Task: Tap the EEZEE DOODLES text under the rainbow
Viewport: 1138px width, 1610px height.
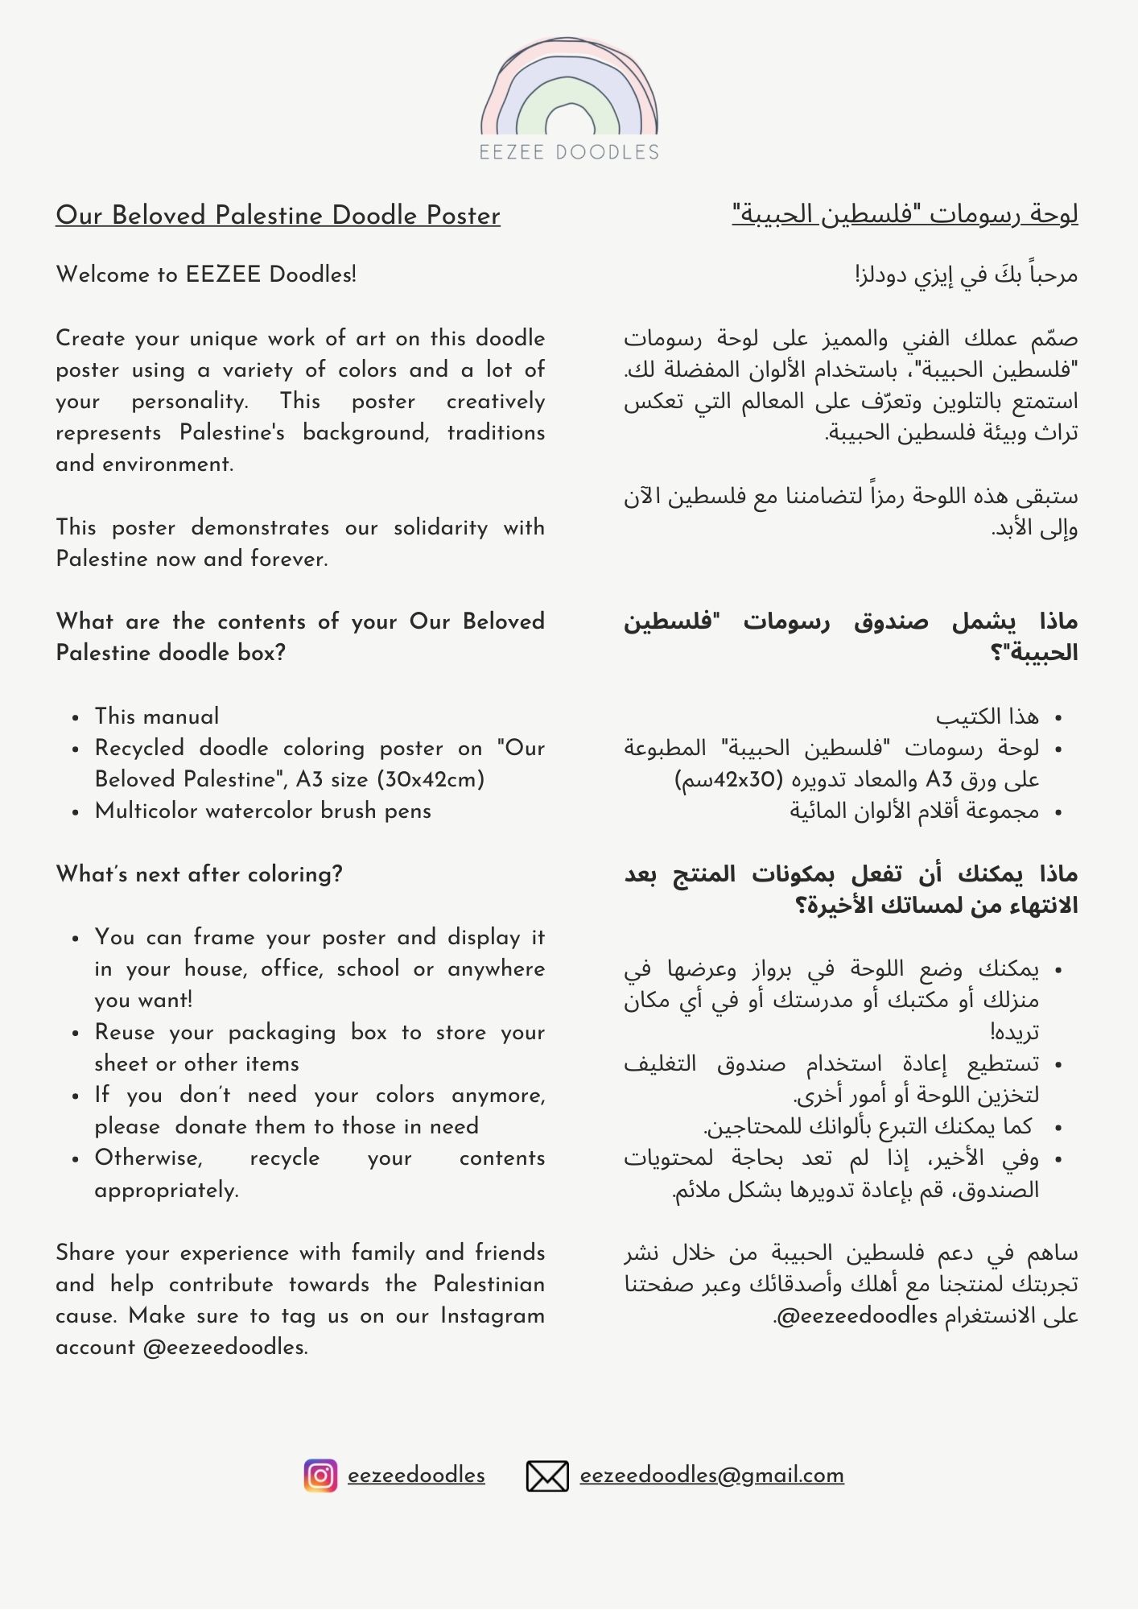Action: [x=569, y=152]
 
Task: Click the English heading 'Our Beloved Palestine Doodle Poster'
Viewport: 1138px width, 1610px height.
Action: [x=278, y=216]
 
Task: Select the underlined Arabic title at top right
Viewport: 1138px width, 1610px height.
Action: [x=905, y=215]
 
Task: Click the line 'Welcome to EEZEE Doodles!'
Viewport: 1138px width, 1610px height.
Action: [x=206, y=275]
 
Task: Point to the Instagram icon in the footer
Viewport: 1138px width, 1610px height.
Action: [x=320, y=1476]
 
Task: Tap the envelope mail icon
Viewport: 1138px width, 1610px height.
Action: [x=547, y=1476]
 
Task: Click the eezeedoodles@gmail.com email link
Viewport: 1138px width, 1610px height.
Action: [x=711, y=1476]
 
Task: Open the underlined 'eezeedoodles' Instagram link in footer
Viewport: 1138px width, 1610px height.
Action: [x=416, y=1476]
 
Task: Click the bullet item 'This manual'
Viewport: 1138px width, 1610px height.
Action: [x=157, y=716]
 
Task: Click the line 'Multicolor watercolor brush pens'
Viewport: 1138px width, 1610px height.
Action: [x=263, y=811]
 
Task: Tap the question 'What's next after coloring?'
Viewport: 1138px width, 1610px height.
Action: [x=200, y=874]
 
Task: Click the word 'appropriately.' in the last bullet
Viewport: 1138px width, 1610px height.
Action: [x=167, y=1190]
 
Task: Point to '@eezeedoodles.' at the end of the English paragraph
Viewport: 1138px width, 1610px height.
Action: [x=225, y=1348]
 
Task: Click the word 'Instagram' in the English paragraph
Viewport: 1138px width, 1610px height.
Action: [x=493, y=1316]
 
